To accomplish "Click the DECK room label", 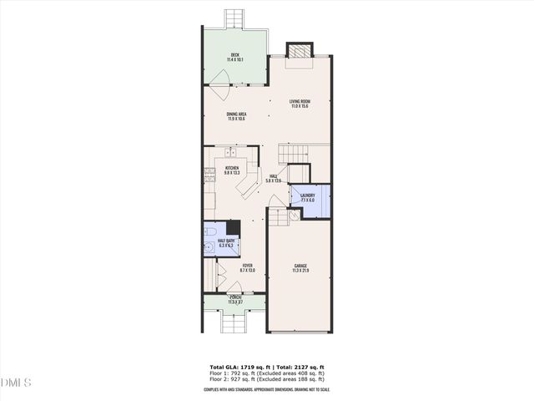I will [235, 58].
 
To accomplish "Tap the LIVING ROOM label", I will [300, 104].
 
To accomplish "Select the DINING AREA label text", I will [236, 116].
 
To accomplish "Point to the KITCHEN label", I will [232, 170].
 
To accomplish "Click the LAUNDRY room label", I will [307, 197].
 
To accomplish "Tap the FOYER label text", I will [247, 267].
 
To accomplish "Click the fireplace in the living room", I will [299, 51].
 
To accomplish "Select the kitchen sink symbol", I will [231, 153].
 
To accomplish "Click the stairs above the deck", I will [235, 18].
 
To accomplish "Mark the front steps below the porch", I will [234, 322].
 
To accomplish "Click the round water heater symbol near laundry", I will [294, 215].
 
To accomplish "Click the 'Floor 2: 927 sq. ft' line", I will [266, 380].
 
